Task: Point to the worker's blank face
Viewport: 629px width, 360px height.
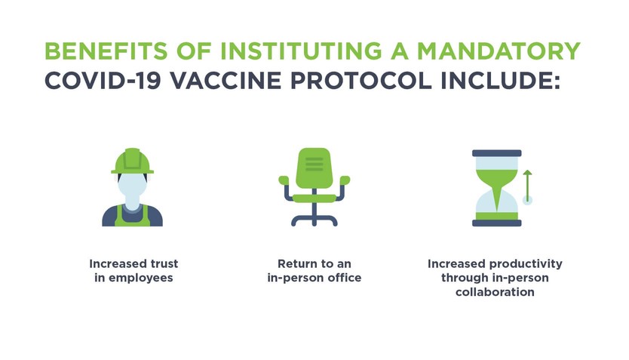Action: (x=133, y=186)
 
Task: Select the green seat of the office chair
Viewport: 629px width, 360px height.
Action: (x=314, y=198)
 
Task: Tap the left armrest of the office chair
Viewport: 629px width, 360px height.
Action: (x=284, y=181)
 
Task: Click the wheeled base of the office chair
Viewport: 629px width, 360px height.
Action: (x=314, y=220)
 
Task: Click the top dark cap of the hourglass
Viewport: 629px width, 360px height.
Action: (x=496, y=152)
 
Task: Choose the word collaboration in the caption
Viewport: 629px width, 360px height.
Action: (x=495, y=291)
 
